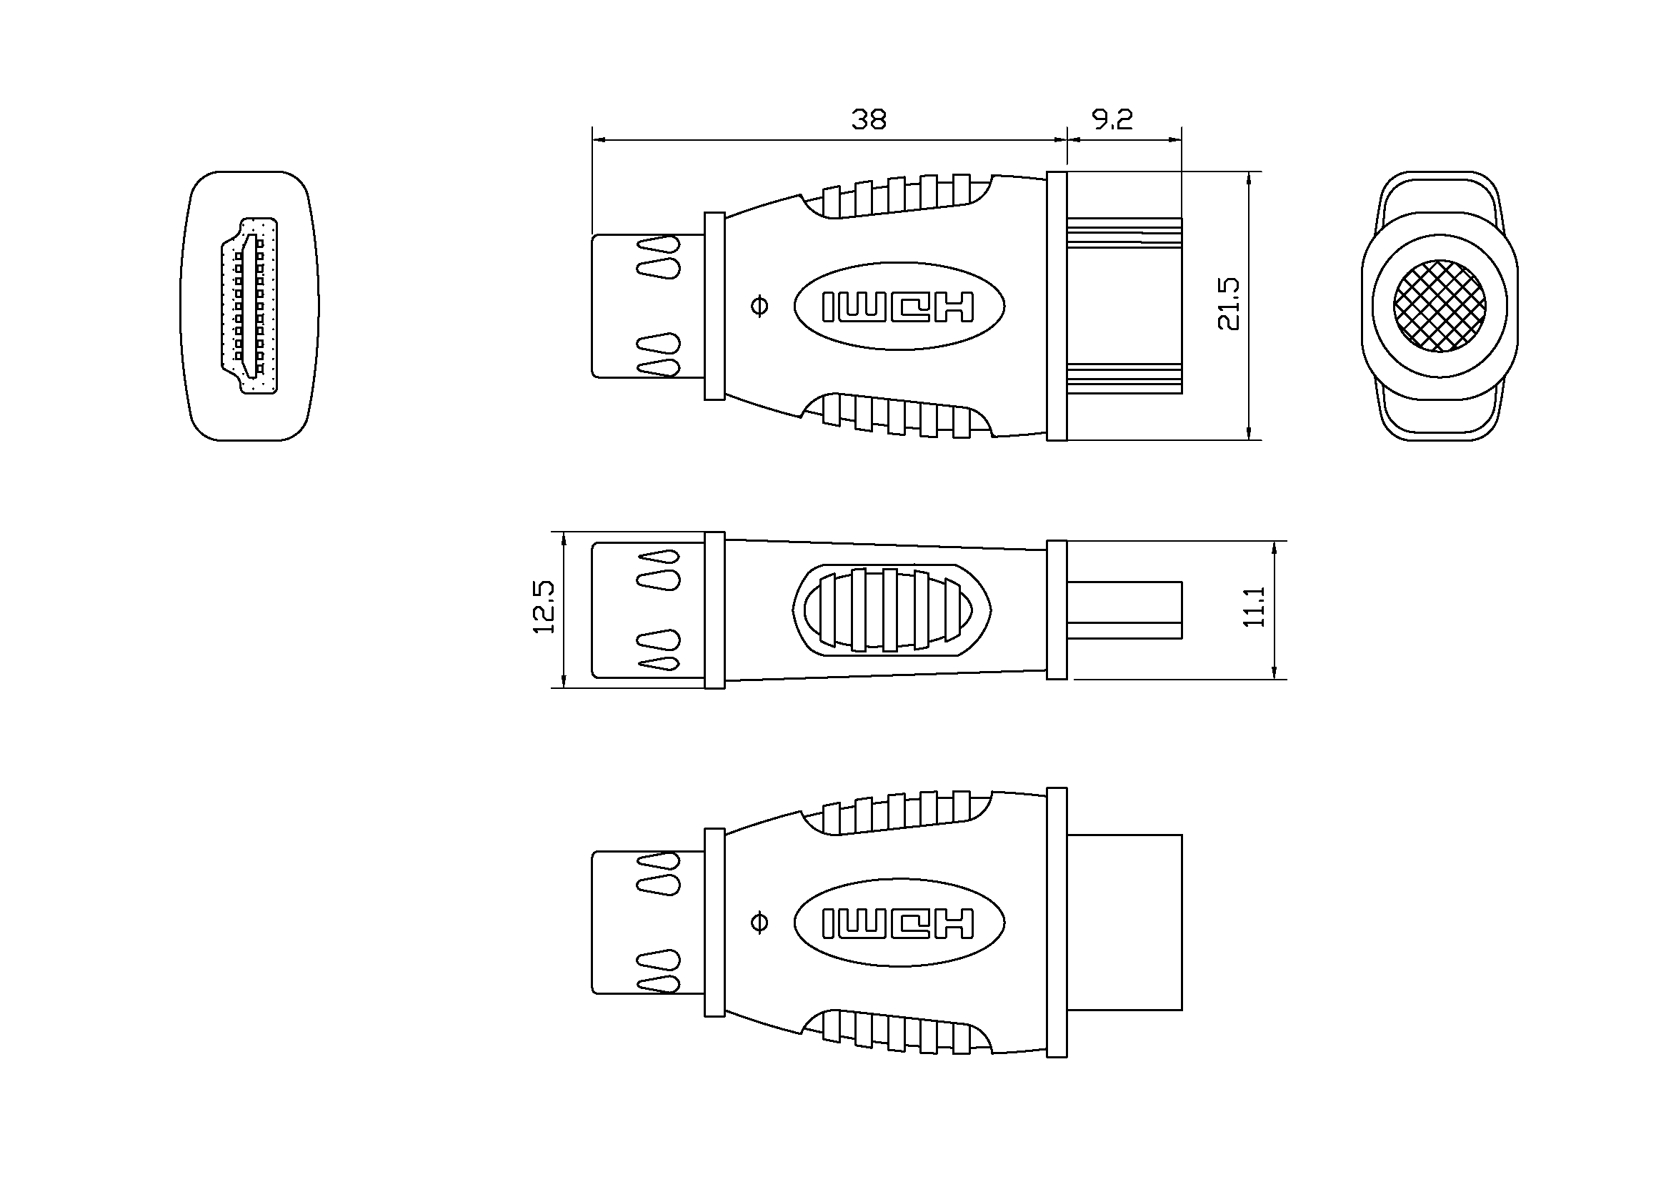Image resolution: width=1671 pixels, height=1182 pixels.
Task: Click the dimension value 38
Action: point(868,119)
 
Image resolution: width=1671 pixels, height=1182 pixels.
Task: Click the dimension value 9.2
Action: point(1113,119)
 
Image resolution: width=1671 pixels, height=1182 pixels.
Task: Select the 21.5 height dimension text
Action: point(1229,304)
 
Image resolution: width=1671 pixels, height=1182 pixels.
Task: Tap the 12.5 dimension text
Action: point(544,607)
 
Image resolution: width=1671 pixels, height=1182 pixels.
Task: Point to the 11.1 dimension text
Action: point(1254,607)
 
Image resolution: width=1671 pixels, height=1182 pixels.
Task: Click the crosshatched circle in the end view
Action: point(1439,306)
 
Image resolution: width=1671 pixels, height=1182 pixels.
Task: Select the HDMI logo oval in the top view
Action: point(899,306)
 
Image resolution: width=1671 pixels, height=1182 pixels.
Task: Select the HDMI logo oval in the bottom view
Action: point(899,922)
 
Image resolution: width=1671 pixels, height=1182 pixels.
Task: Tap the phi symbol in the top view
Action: point(759,306)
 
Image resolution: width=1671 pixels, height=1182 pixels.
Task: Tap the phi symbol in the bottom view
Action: point(759,922)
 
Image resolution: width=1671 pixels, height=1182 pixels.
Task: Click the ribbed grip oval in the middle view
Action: point(892,608)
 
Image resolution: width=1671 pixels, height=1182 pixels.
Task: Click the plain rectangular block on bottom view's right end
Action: point(1124,922)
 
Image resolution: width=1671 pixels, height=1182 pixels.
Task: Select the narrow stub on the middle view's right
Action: point(1124,609)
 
